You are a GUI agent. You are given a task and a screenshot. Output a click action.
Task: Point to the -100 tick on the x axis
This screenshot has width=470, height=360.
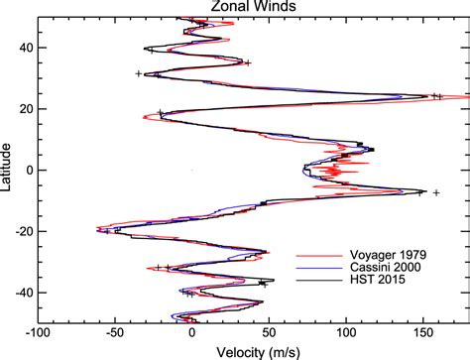click(x=38, y=333)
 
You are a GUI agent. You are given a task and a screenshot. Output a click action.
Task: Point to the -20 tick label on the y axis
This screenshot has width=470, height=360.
click(x=23, y=231)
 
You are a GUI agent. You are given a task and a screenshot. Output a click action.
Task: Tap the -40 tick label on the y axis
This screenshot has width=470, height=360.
click(x=23, y=293)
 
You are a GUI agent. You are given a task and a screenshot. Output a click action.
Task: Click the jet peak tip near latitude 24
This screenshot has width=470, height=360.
click(x=468, y=97)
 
